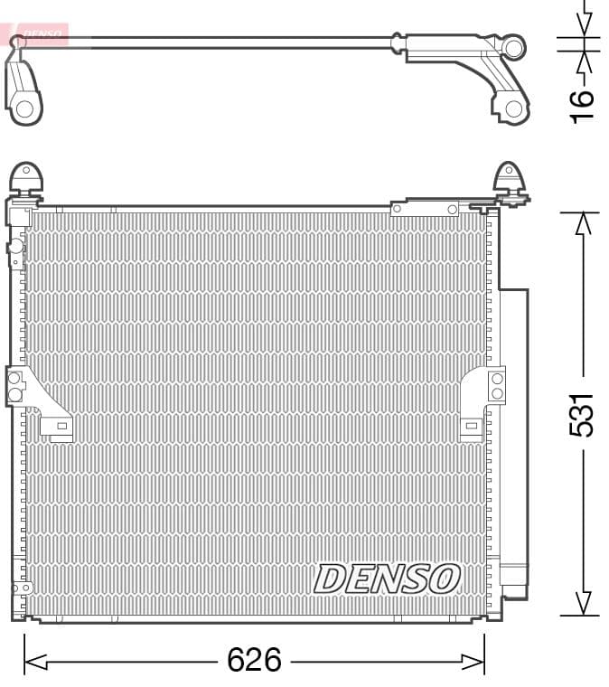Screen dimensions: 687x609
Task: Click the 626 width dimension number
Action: pos(254,661)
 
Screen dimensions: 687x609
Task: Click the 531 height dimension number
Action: pos(583,414)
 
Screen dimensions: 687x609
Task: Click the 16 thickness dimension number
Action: pos(583,103)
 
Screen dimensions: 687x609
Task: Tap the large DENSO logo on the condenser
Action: pos(387,579)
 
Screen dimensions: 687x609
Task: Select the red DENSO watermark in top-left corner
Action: pos(36,35)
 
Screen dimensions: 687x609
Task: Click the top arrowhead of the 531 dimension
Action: pos(583,222)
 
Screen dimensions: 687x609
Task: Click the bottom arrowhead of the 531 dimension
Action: pos(583,604)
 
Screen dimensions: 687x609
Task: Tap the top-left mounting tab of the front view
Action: pos(26,178)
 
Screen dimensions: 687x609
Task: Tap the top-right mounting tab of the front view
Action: pos(510,179)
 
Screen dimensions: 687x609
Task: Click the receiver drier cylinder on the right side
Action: pos(514,434)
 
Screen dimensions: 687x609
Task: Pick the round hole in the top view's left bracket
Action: pos(24,108)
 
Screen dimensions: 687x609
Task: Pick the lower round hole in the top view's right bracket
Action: pos(513,108)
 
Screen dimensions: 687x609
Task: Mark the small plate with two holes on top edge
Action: pos(425,209)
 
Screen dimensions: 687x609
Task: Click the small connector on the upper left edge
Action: pos(14,248)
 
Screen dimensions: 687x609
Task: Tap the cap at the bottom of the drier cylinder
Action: pos(514,579)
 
